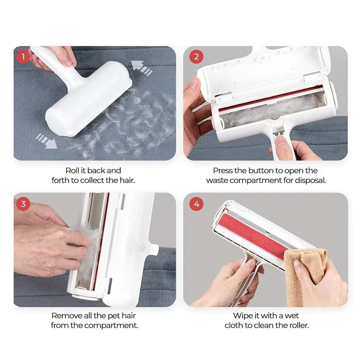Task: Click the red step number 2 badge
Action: (x=197, y=57)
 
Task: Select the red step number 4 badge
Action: (x=197, y=204)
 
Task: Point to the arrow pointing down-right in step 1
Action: (x=46, y=140)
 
